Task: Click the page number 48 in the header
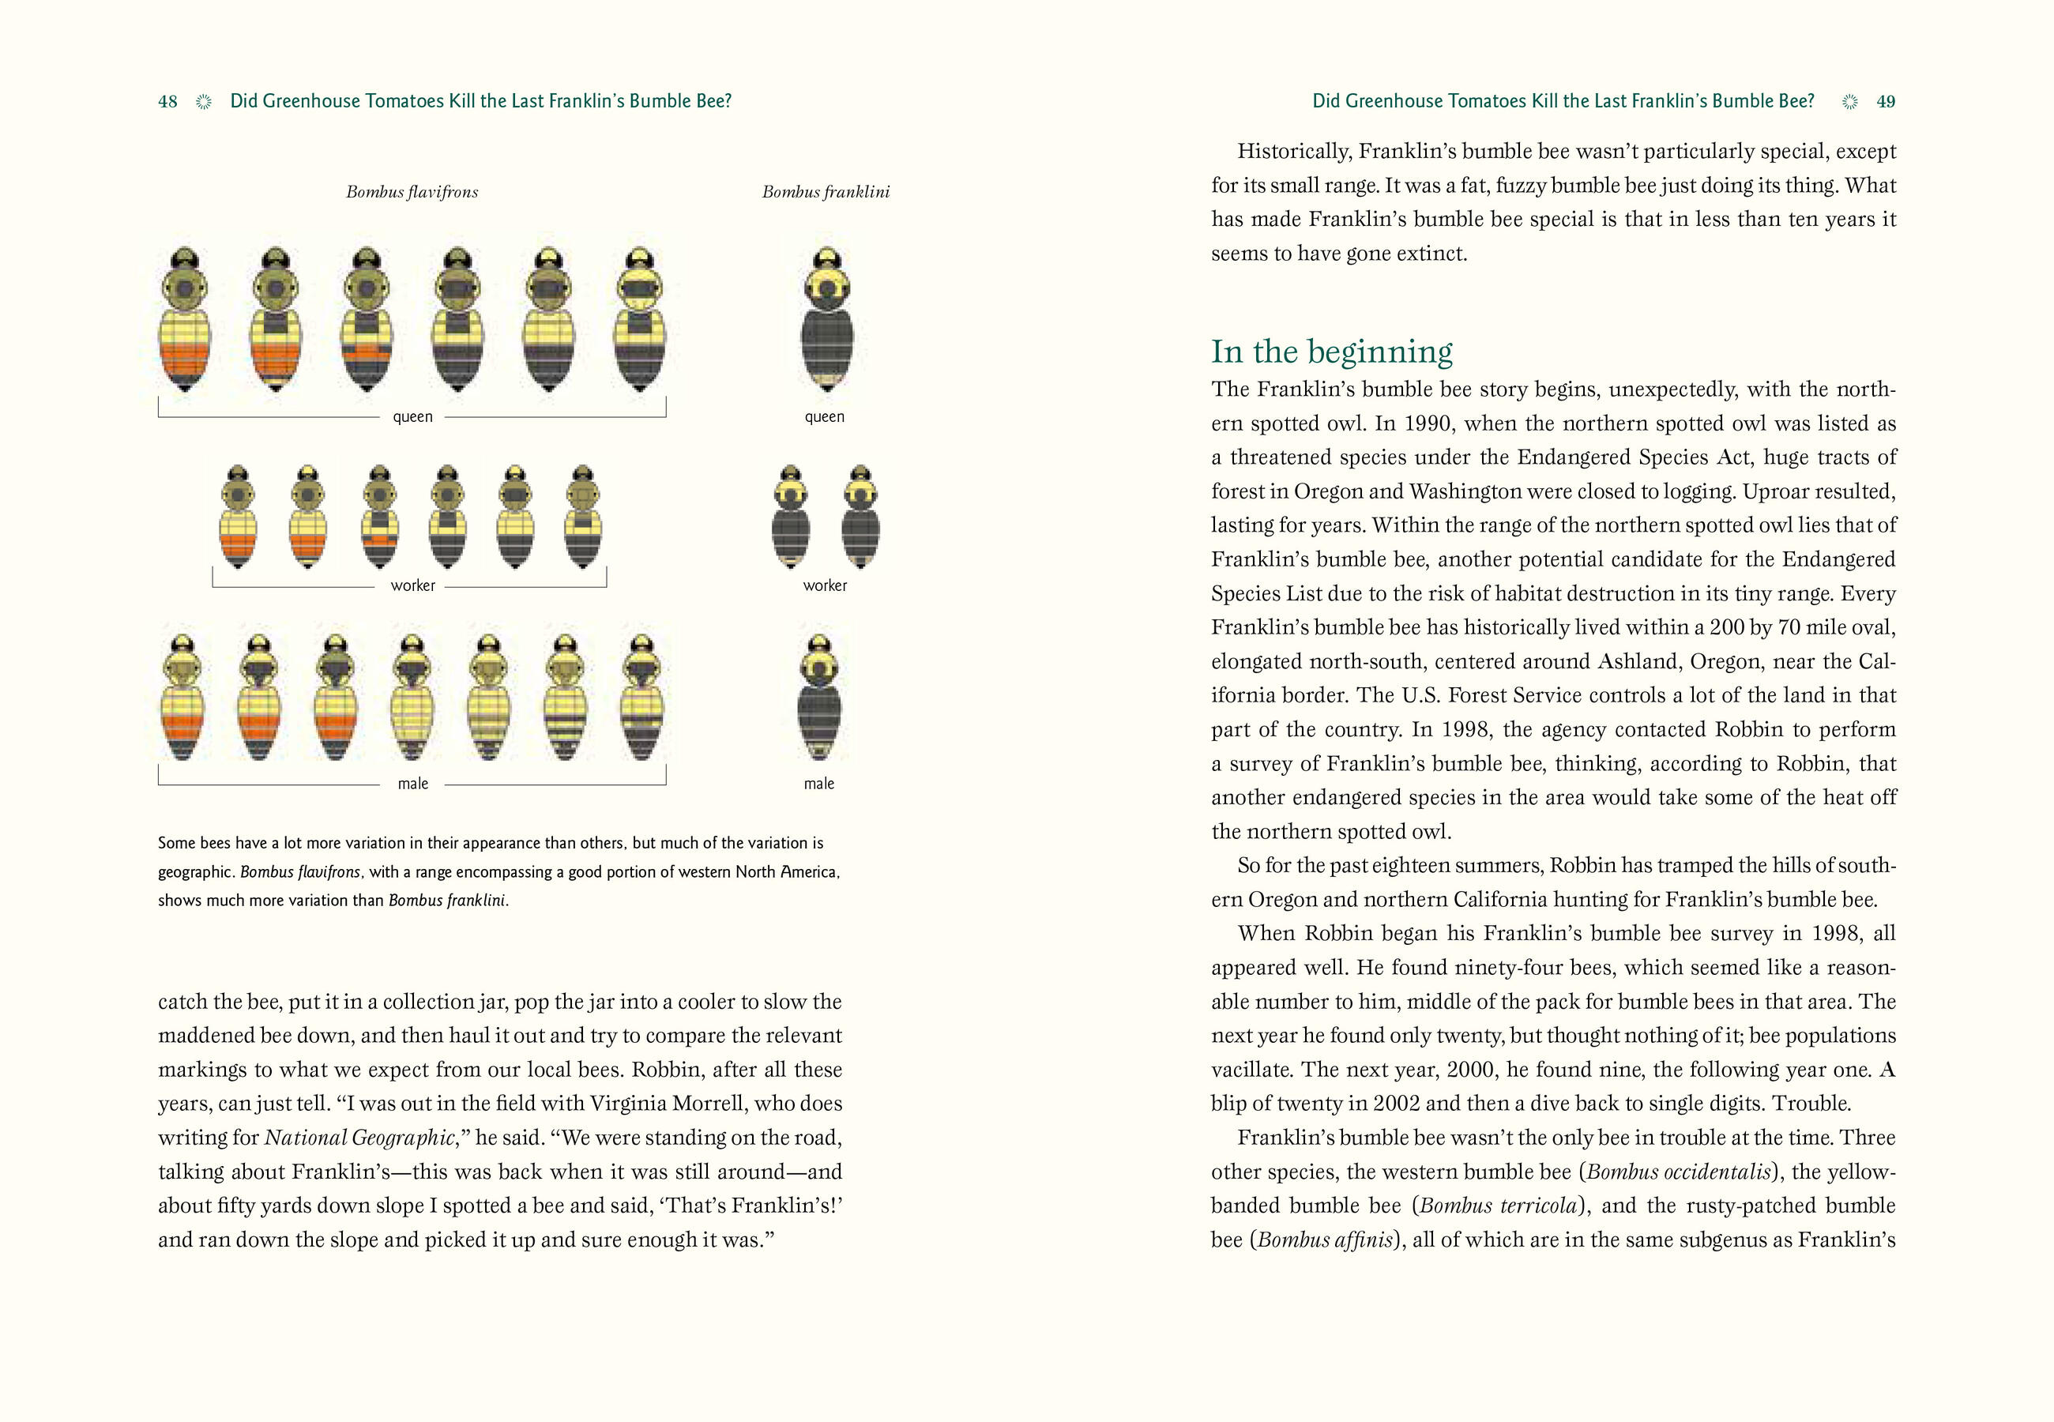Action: pyautogui.click(x=167, y=102)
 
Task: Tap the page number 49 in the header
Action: pyautogui.click(x=1885, y=102)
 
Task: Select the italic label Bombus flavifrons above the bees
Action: pyautogui.click(x=412, y=191)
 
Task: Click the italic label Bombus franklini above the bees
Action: pyautogui.click(x=825, y=191)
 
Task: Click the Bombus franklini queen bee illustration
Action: pyautogui.click(x=826, y=321)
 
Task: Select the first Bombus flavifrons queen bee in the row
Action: pyautogui.click(x=186, y=321)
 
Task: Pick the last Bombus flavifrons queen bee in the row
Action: pyautogui.click(x=640, y=321)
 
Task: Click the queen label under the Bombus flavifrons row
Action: pyautogui.click(x=412, y=416)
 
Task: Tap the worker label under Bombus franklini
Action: pyautogui.click(x=825, y=585)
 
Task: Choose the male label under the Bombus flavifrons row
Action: pyautogui.click(x=412, y=783)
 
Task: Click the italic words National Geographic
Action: pyautogui.click(x=360, y=1138)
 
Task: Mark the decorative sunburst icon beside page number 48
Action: pyautogui.click(x=204, y=102)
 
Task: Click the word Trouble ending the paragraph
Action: pyautogui.click(x=1811, y=1103)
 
